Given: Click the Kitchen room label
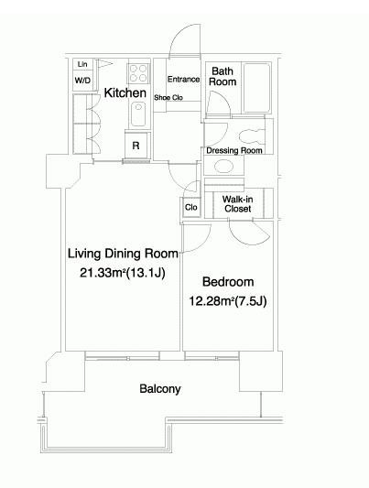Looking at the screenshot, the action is (x=125, y=92).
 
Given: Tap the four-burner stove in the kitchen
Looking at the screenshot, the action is (x=138, y=73).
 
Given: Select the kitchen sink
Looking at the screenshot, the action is (x=138, y=114).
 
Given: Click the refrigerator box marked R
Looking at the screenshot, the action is (x=136, y=145).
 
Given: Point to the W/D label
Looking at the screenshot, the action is (x=82, y=81).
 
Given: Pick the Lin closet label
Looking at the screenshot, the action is (x=82, y=64).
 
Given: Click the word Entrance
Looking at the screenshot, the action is (x=183, y=80).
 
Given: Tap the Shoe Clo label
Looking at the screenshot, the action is (x=168, y=98).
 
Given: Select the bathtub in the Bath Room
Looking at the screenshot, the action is (x=256, y=88).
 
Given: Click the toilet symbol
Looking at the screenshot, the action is (x=252, y=136).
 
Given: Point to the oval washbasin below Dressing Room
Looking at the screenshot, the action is (x=223, y=167).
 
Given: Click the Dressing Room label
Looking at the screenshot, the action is (x=234, y=151).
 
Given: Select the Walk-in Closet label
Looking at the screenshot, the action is (x=238, y=204).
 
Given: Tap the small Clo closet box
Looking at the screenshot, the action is (x=191, y=207).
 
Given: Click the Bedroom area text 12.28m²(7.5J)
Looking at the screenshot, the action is (x=228, y=301).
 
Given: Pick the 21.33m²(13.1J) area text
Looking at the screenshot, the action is (x=123, y=273).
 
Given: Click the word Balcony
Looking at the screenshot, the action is (x=160, y=389).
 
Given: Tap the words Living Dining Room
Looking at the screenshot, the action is (x=123, y=254).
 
